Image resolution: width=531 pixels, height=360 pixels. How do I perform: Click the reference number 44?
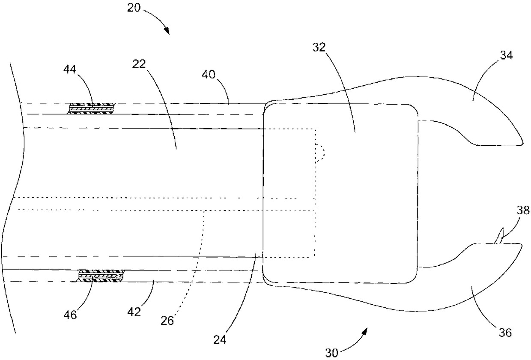(x=71, y=69)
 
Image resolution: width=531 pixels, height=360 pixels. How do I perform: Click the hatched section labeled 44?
(x=92, y=108)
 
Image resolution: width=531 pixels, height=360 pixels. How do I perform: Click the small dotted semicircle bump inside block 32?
(x=320, y=152)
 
